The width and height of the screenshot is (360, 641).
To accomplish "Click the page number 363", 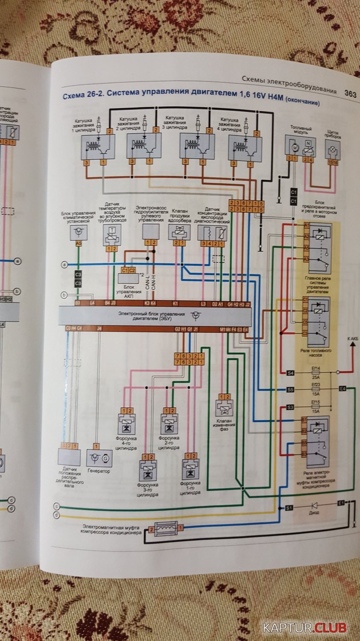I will coord(350,94).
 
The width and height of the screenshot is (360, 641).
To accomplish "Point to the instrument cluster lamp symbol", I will coord(333,149).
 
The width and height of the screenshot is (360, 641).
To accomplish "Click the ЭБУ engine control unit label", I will coord(152,316).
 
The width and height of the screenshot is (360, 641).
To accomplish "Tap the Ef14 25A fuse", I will coord(316,373).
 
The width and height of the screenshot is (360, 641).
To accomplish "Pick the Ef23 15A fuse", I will coord(316,389).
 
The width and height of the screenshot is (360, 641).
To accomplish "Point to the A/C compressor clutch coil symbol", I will coord(166,529).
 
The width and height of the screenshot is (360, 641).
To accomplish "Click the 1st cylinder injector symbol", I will coord(190,470).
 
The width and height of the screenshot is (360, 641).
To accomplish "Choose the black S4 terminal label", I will coord(290,373).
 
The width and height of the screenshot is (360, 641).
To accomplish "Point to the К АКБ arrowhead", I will coord(353,345).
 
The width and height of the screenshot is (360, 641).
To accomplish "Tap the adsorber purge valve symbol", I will coord(179,232).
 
